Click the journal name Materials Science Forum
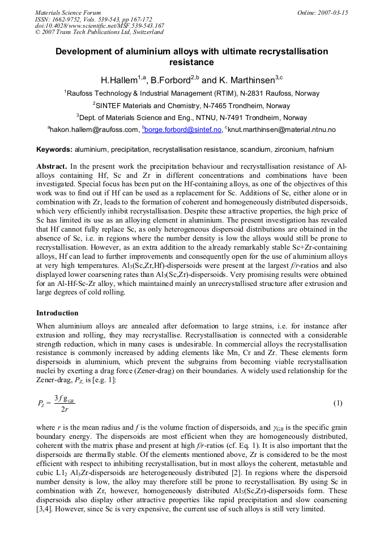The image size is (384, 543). coord(68,12)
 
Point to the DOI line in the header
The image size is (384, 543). coord(100,26)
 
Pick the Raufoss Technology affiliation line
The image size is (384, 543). coord(192,93)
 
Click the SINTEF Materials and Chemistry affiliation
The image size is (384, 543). coord(192,106)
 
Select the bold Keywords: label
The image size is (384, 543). coord(54,149)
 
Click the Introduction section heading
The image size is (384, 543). coord(57,313)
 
